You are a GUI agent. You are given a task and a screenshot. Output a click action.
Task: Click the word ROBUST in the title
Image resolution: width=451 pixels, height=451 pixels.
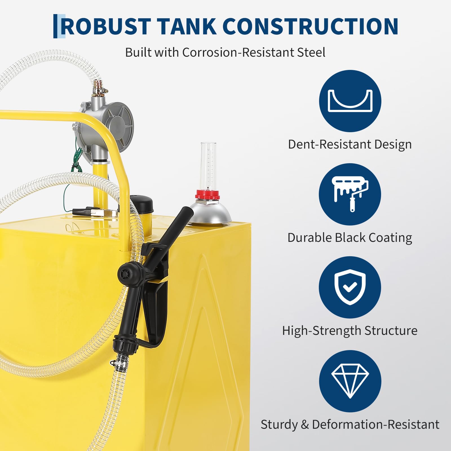coord(106,26)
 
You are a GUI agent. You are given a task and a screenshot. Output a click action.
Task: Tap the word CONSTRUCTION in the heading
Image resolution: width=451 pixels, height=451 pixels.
coord(310,26)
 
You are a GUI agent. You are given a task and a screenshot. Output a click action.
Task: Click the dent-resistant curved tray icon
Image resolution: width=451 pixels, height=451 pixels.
coord(350,101)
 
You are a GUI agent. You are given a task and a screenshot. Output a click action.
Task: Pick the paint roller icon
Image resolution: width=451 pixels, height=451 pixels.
coord(350,194)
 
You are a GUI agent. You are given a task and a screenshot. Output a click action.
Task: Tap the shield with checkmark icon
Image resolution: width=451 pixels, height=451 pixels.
coord(350,287)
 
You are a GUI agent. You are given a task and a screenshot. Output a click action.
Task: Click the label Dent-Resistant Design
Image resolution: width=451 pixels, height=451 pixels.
coord(350,145)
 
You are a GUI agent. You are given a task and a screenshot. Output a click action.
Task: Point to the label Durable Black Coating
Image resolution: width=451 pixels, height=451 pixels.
coord(350,238)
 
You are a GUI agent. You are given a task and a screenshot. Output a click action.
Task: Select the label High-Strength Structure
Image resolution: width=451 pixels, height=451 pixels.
coord(350,331)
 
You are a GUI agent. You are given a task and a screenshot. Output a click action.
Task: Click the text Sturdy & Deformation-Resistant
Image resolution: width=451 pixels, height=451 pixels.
coord(350,425)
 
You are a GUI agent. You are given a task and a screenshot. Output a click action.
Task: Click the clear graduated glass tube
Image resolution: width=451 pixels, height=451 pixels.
coord(208,166)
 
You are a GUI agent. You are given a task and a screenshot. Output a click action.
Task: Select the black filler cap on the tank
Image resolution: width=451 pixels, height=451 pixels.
coord(142,204)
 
